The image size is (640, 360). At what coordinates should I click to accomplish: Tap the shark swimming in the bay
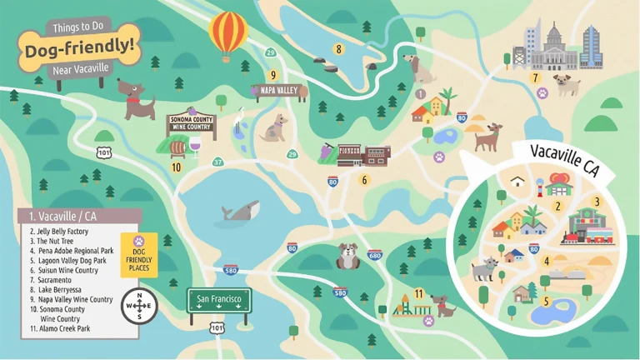[x=240, y=213]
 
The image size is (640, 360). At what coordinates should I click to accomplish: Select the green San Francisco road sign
[x=219, y=299]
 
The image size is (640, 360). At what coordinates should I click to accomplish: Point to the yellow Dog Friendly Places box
[x=139, y=249]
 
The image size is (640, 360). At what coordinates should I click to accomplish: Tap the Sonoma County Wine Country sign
[x=191, y=125]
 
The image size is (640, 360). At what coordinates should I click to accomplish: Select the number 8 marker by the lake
[x=338, y=49]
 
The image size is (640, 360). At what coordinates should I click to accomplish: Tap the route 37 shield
[x=217, y=162]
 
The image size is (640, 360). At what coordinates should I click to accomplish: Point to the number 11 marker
[x=419, y=293]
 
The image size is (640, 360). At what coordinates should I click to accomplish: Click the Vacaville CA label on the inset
[x=566, y=158]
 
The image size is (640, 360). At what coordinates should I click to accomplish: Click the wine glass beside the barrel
[x=195, y=147]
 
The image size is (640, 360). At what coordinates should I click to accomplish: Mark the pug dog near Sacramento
[x=567, y=84]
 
